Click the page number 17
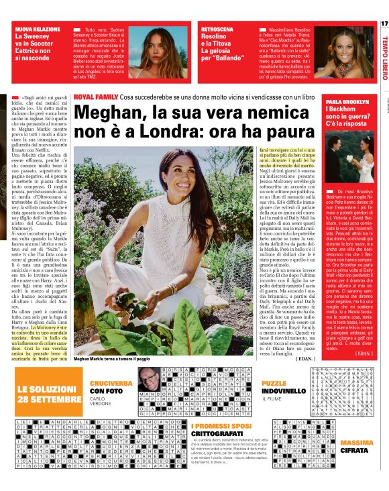tap(384, 24)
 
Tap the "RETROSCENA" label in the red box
tap(212, 30)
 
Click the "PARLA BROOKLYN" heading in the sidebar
tap(347, 101)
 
